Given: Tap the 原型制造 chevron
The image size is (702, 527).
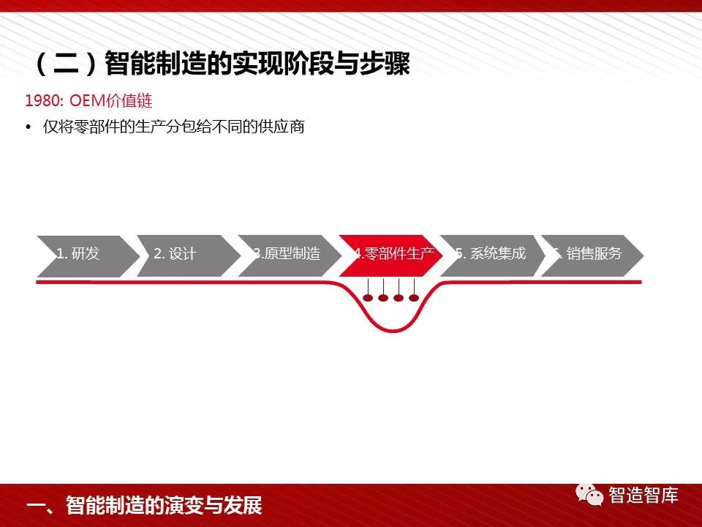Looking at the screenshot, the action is [x=290, y=256].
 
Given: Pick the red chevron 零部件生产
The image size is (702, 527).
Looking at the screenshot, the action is [x=390, y=256].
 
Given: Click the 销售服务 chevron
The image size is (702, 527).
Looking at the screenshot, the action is [x=592, y=256].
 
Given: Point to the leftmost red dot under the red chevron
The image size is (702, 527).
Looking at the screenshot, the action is [x=368, y=298].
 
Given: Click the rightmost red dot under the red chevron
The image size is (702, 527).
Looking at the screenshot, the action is [x=414, y=298].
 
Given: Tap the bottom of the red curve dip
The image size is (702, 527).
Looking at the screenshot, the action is [x=393, y=330].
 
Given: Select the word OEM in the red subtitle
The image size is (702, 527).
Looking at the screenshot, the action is [x=87, y=101].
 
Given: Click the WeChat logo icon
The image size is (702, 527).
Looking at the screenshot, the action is [x=589, y=496].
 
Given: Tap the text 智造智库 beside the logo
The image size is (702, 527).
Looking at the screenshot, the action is [x=643, y=496].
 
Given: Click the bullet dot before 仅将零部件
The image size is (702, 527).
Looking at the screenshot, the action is [x=29, y=127].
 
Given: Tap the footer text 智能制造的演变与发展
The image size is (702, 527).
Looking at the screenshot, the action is [x=164, y=505].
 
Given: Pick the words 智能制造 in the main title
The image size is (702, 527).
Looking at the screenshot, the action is [x=155, y=64].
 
